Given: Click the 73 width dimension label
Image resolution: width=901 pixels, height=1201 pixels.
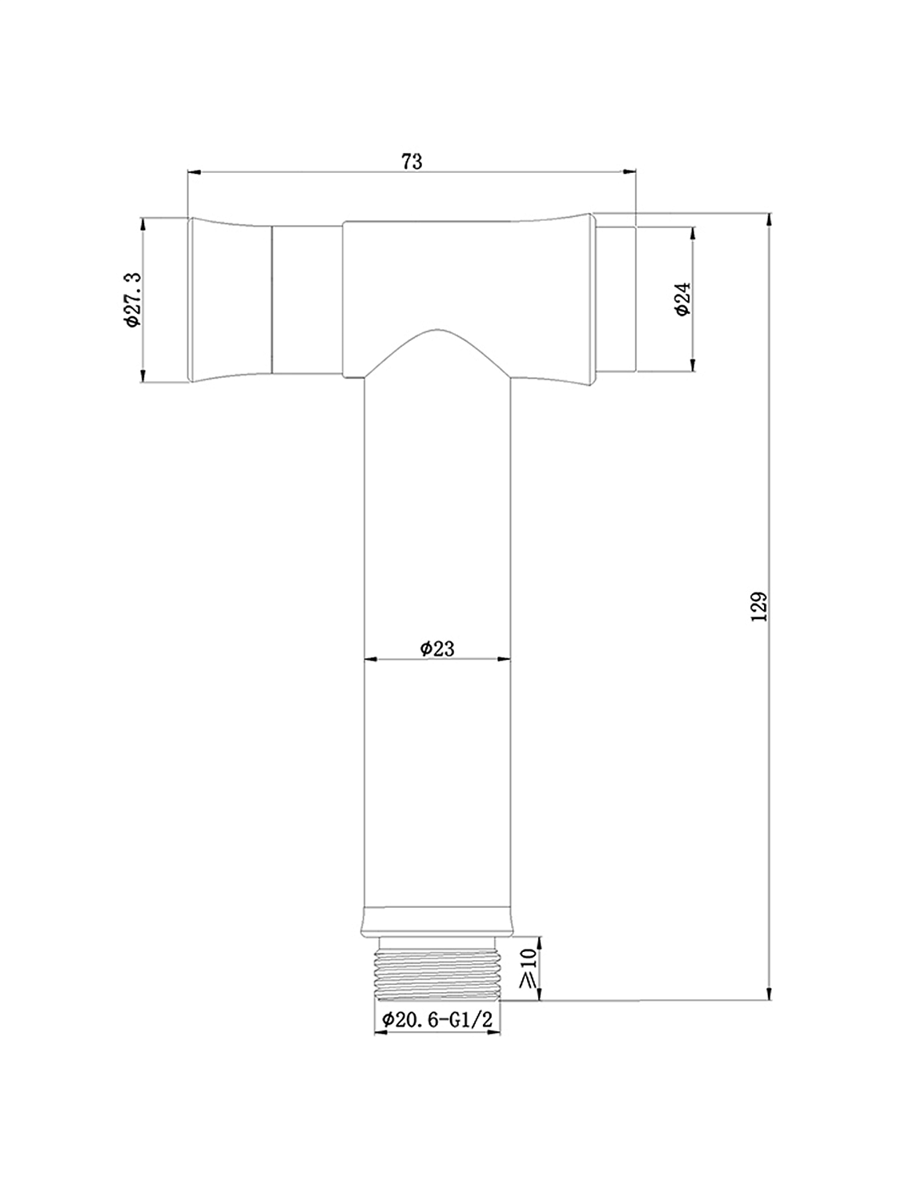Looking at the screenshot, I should coord(411,161).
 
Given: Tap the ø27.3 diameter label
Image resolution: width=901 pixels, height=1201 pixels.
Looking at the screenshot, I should coord(132,299).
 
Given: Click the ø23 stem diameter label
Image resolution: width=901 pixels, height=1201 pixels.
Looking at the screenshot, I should coord(437,648).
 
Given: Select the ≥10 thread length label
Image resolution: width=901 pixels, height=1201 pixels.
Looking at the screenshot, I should coord(528,970).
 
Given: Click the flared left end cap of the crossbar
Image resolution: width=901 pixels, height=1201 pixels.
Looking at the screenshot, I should coord(230,299).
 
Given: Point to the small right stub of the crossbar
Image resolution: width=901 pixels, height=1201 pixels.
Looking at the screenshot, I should coord(617,299).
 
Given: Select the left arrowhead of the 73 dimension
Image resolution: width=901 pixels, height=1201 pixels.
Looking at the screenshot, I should coord(192,171).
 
